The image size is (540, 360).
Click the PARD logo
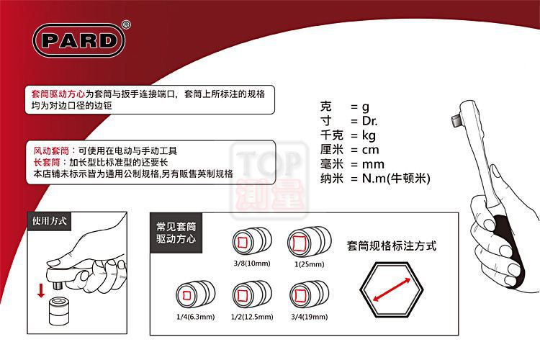79,40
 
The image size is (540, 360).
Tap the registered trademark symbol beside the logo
126,24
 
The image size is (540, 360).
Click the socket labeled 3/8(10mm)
252,241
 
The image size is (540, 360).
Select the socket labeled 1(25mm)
310,242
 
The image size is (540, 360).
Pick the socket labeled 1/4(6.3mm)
196,295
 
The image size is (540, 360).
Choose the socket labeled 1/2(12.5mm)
252,295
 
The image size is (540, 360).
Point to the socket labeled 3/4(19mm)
310,295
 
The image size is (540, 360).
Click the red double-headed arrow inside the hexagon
392,289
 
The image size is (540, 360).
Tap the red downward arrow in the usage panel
41,290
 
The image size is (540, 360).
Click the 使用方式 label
49,221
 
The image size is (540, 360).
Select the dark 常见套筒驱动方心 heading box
176,233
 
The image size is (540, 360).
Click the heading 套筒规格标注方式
392,246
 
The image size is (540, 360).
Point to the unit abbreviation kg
369,135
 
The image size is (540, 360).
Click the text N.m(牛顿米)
396,178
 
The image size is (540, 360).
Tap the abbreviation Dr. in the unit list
369,121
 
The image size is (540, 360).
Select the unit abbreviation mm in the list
373,164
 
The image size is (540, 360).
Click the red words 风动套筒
51,150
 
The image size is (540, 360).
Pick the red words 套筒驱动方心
58,94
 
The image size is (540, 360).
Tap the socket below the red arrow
58,312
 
